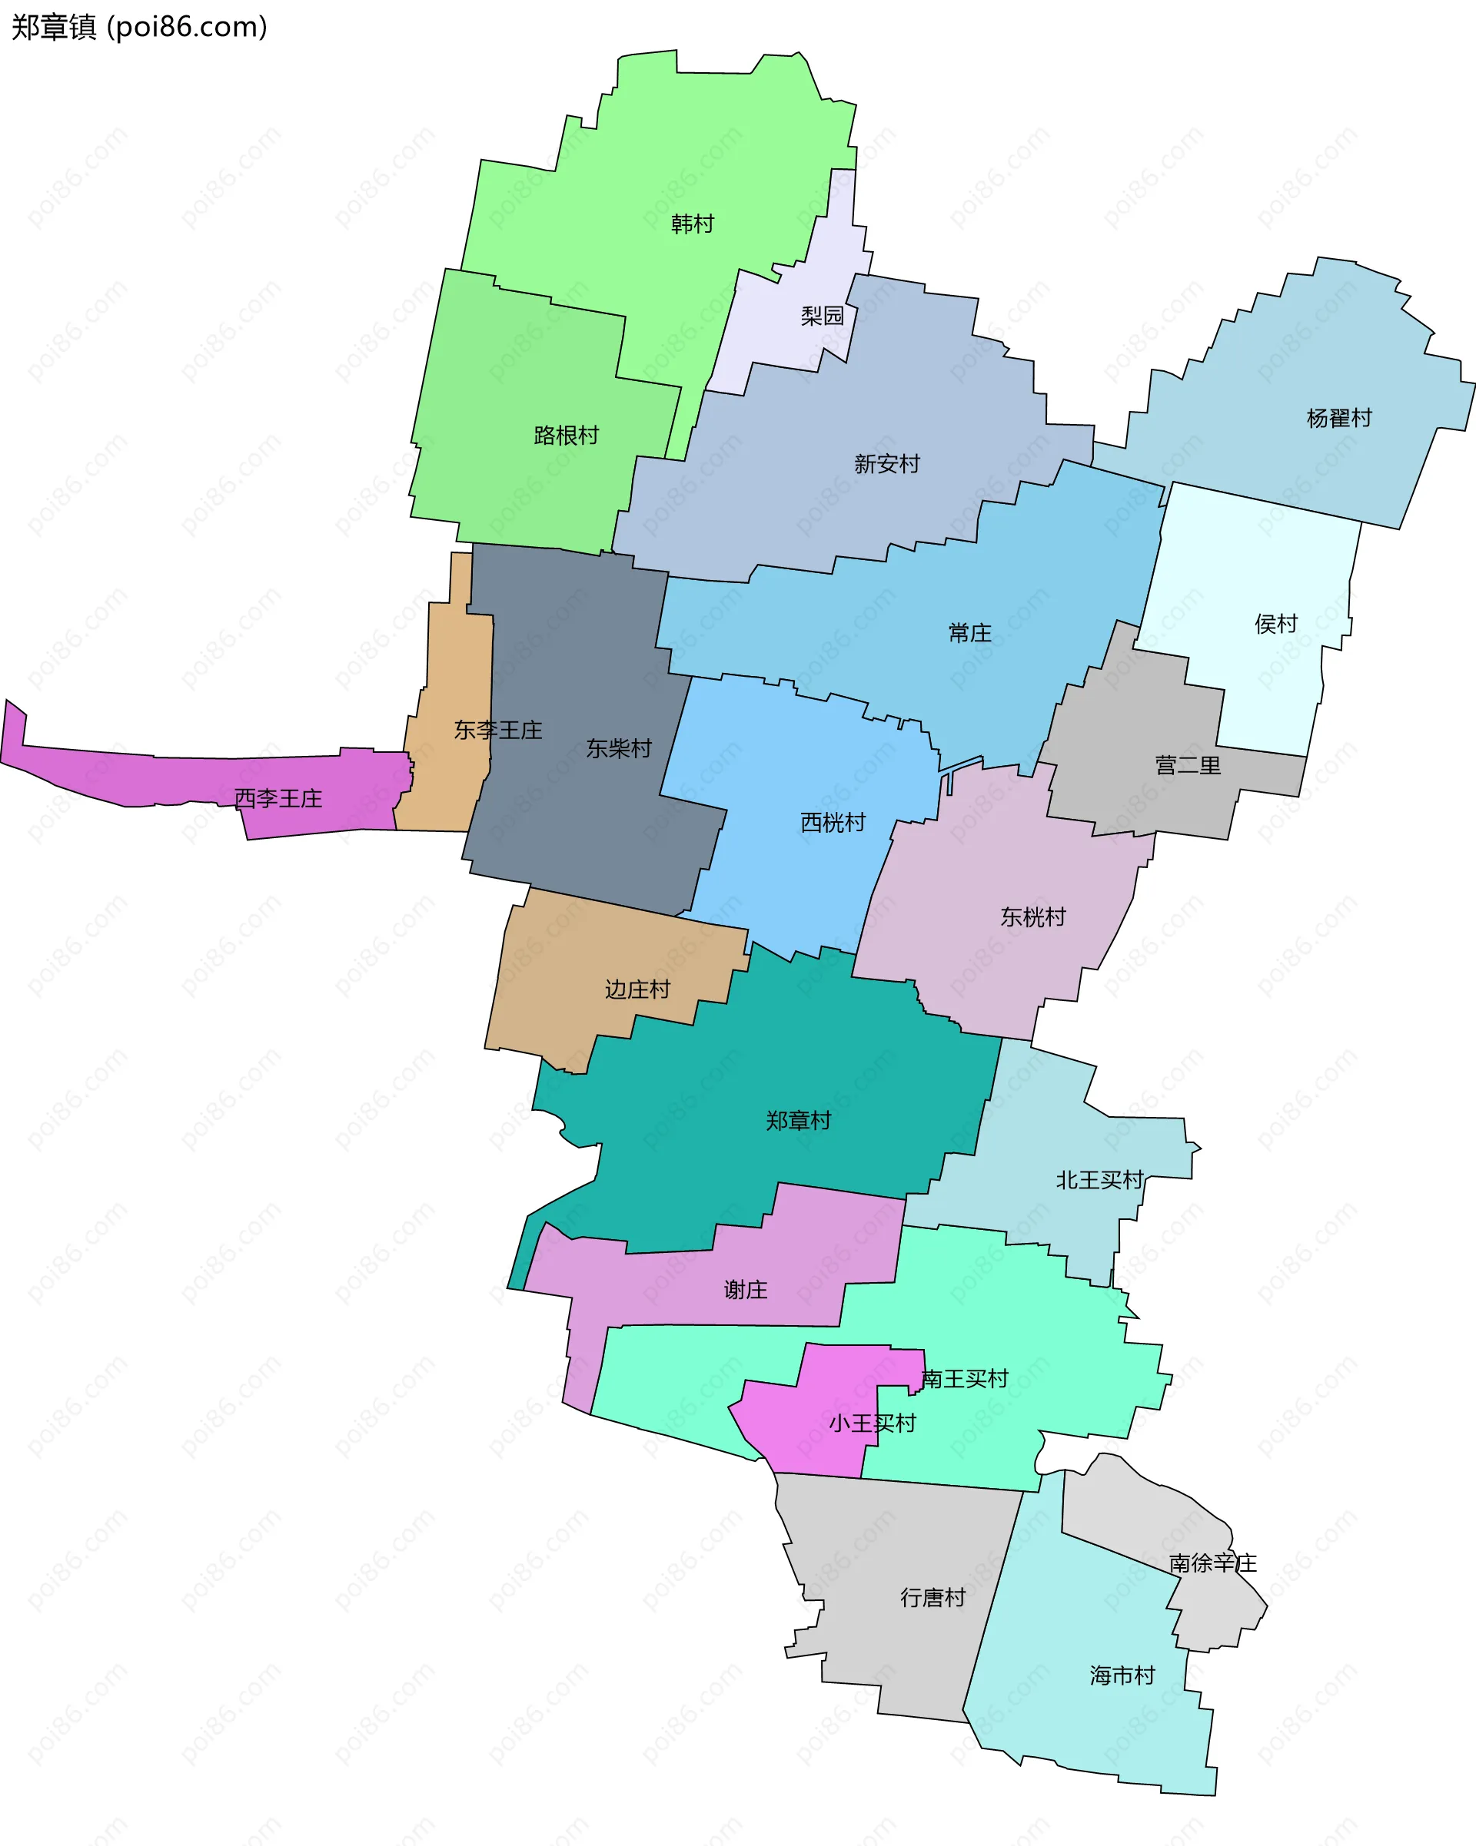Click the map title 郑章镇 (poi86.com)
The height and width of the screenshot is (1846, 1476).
[139, 28]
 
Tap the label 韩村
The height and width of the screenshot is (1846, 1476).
[692, 224]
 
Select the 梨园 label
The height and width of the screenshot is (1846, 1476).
[823, 316]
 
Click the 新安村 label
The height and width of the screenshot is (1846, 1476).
[886, 464]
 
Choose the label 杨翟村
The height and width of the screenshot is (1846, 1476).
[1339, 418]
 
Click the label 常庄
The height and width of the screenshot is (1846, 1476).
[969, 633]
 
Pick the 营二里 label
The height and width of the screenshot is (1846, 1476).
[1187, 764]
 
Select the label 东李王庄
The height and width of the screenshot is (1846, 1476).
[497, 730]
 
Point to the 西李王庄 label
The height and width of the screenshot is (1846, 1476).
[278, 798]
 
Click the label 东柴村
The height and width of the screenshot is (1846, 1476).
[619, 748]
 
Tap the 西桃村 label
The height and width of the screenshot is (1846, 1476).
[833, 822]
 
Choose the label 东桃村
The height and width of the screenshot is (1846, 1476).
[1033, 917]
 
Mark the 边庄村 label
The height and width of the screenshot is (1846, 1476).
[637, 989]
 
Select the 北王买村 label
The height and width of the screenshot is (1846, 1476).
[1100, 1180]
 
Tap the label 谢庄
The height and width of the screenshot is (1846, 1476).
[745, 1290]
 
